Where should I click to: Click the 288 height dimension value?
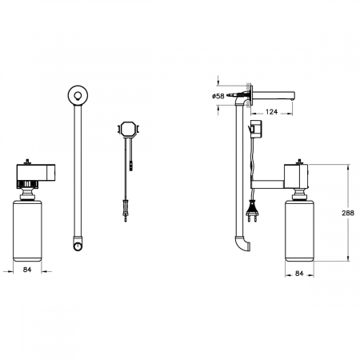click(348, 213)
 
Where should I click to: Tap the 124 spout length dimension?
click(271, 112)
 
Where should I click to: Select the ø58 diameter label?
click(218, 96)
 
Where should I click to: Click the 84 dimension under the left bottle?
click(27, 270)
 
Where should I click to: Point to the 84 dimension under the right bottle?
click(299, 274)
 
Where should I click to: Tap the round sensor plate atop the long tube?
click(78, 95)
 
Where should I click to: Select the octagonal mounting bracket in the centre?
click(128, 130)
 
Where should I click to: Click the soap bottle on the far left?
click(27, 231)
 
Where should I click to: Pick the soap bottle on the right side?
click(299, 231)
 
